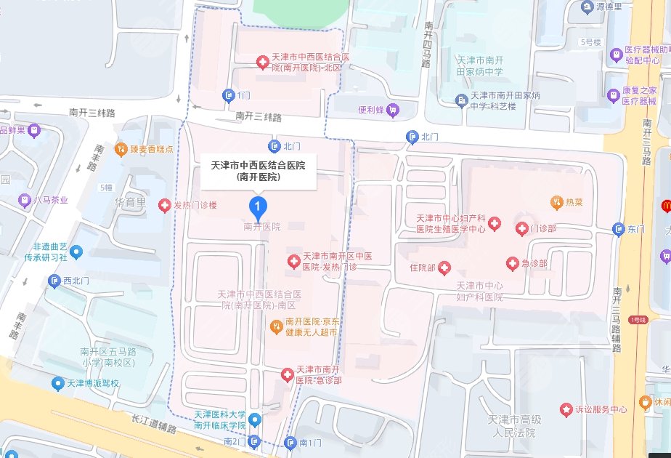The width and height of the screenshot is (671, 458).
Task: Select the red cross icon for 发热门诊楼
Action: pyautogui.click(x=165, y=206)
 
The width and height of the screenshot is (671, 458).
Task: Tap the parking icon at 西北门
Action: pyautogui.click(x=54, y=280)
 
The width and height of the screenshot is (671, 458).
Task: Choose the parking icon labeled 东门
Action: pyautogui.click(x=618, y=229)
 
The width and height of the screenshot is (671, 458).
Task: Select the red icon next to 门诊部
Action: pyautogui.click(x=521, y=229)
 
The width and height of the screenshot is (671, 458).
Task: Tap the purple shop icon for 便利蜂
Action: pyautogui.click(x=393, y=111)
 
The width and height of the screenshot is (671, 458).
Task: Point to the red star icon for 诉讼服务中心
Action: pyautogui.click(x=566, y=409)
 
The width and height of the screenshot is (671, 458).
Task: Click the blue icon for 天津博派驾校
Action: pyautogui.click(x=57, y=382)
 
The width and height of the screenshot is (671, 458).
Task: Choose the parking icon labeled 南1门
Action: pyautogui.click(x=291, y=442)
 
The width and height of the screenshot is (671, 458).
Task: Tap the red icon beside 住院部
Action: pyautogui.click(x=443, y=268)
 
